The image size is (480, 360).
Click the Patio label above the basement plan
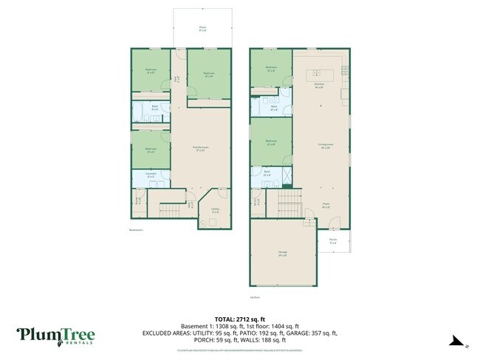[x=202, y=29]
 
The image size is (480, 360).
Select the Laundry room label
[x=151, y=176]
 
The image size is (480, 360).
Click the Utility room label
[x=214, y=210]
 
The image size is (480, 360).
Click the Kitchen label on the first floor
[x=319, y=86]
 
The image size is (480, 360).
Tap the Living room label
[x=323, y=147]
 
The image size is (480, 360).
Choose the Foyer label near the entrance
[x=326, y=205]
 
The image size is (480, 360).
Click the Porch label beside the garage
[x=333, y=240]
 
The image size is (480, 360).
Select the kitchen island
[x=323, y=72]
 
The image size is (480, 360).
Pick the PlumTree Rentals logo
[x=56, y=336]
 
